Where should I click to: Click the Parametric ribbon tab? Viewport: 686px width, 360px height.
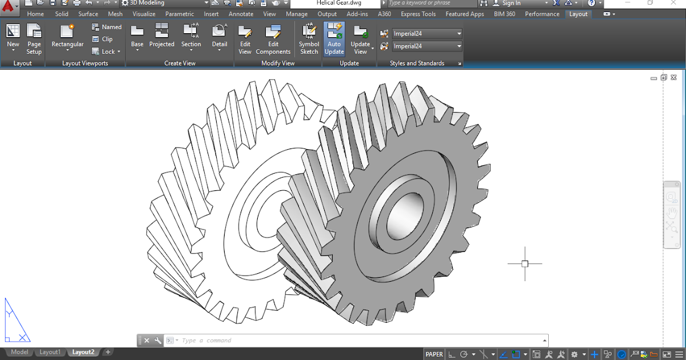pos(180,14)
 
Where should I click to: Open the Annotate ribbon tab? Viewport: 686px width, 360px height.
pos(241,14)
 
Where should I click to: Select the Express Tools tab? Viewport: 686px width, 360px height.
pos(418,14)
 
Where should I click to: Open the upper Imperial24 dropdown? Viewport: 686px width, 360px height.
pos(427,34)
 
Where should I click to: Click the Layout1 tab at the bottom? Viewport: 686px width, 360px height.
pos(50,352)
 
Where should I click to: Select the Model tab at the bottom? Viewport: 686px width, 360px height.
pos(19,352)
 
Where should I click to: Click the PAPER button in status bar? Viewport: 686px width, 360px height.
pos(434,354)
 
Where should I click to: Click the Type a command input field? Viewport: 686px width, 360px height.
pos(360,341)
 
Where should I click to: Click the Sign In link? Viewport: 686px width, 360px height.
pos(511,3)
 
